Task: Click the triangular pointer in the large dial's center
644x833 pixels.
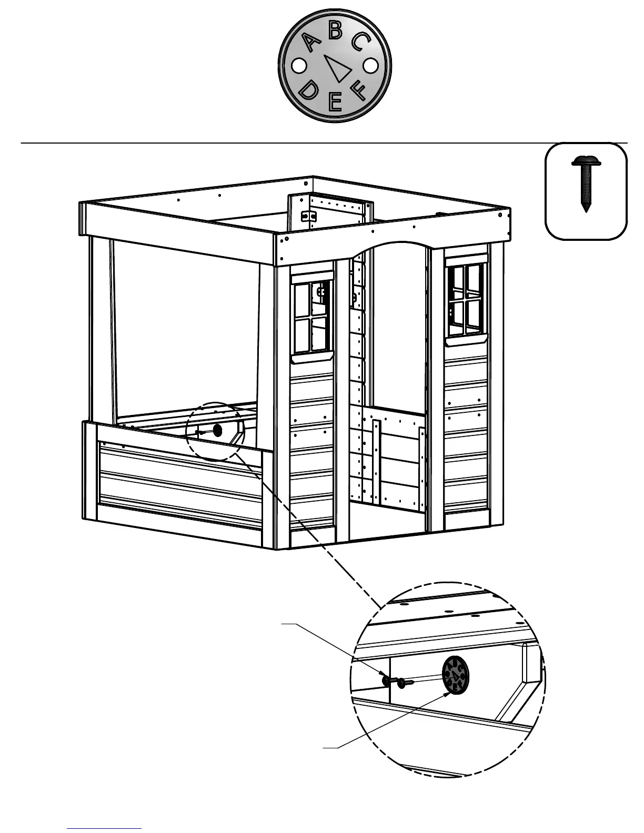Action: [x=337, y=67]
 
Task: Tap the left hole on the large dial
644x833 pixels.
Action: [x=298, y=66]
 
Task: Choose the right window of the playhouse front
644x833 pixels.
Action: [x=466, y=299]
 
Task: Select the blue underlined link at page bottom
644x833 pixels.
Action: [x=104, y=828]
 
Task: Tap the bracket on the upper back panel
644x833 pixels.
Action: [x=308, y=216]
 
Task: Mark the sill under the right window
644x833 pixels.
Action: [x=467, y=341]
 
